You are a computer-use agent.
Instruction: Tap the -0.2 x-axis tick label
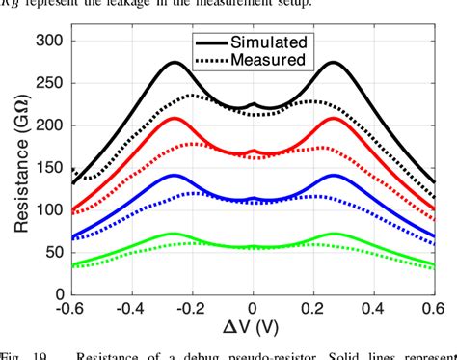(191, 309)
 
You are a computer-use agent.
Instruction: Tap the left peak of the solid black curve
(174, 63)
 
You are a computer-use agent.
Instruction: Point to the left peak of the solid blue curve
(174, 175)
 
